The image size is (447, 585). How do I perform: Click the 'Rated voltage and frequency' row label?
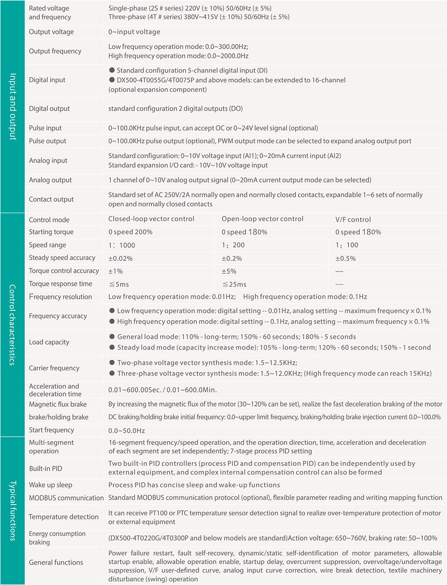pyautogui.click(x=50, y=13)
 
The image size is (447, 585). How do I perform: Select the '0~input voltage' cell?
pyautogui.click(x=134, y=32)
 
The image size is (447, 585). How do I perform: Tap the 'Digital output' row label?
pyautogui.click(x=50, y=109)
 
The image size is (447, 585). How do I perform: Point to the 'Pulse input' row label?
pyautogui.click(x=46, y=128)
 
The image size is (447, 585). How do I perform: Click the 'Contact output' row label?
pyautogui.click(x=51, y=199)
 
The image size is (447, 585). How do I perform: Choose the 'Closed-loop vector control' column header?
pyautogui.click(x=151, y=219)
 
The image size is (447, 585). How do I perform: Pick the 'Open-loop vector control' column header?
pyautogui.click(x=262, y=219)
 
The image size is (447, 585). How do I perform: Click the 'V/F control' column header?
pyautogui.click(x=353, y=219)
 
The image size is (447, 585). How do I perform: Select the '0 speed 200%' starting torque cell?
pyautogui.click(x=131, y=232)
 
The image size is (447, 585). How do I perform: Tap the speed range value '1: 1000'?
pyautogui.click(x=122, y=245)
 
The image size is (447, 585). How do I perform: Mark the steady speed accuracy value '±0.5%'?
pyautogui.click(x=346, y=258)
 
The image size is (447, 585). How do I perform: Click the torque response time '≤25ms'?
pyautogui.click(x=234, y=284)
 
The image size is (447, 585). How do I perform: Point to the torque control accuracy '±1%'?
pyautogui.click(x=115, y=271)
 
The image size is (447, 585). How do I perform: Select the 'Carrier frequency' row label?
pyautogui.click(x=54, y=368)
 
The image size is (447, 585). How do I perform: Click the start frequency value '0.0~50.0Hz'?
pyautogui.click(x=127, y=430)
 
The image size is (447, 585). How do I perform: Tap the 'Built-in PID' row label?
pyautogui.click(x=46, y=468)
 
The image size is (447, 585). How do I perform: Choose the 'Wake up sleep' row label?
pyautogui.click(x=51, y=485)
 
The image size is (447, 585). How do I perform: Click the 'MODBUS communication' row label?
pyautogui.click(x=66, y=498)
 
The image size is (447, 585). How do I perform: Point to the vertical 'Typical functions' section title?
pyautogui.click(x=13, y=511)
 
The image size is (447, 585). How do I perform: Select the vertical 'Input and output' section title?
pyautogui.click(x=13, y=107)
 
